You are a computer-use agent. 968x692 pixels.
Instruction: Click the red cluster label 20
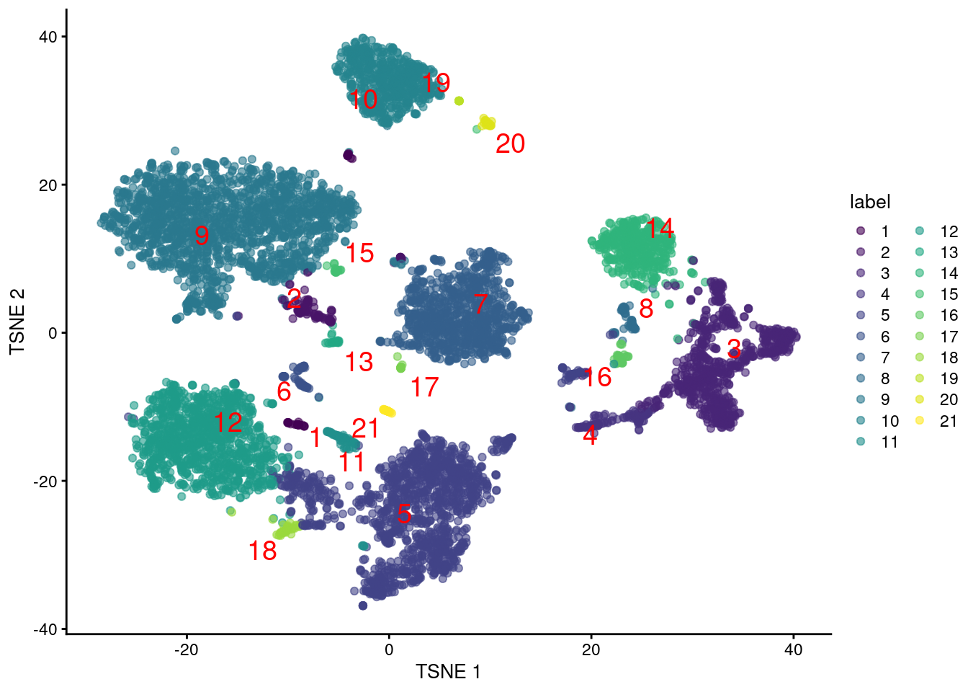510,144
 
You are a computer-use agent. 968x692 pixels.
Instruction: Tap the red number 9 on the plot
202,235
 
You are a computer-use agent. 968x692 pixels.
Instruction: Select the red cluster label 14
659,229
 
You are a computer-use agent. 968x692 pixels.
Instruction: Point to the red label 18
262,551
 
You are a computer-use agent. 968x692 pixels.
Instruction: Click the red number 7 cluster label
480,303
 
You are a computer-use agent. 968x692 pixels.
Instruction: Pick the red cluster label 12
228,422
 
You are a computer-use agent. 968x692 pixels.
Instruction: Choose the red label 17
424,388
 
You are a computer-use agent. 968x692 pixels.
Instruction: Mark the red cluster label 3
733,350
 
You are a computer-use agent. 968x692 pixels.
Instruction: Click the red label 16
597,377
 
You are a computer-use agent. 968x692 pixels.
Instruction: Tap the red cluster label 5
404,514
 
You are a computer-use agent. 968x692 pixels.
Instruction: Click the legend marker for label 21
920,420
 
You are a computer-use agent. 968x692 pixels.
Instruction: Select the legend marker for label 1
860,231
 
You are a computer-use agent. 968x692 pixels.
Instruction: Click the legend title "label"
869,202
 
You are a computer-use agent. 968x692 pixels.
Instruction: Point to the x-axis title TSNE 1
447,672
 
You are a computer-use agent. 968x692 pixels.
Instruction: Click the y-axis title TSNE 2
17,321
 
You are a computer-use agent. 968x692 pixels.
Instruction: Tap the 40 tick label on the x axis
792,649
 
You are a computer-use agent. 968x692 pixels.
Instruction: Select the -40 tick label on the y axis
45,629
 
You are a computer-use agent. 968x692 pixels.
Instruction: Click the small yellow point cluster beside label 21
387,411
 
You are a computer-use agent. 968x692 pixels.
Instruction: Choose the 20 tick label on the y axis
48,185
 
